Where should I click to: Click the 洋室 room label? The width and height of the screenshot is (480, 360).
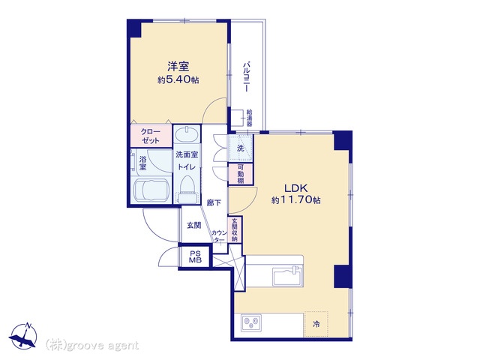click(x=178, y=67)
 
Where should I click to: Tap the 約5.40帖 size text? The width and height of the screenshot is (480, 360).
click(x=178, y=80)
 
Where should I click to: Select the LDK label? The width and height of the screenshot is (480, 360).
click(x=295, y=188)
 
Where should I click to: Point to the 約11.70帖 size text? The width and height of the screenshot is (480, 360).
click(x=295, y=200)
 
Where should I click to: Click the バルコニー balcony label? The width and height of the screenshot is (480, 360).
click(x=246, y=76)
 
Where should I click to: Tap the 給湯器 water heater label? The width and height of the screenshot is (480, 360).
click(x=250, y=118)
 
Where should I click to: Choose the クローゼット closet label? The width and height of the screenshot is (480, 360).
click(x=150, y=136)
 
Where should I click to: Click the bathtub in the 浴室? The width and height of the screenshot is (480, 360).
click(x=151, y=190)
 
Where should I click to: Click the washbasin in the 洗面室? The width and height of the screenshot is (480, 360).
click(x=187, y=134)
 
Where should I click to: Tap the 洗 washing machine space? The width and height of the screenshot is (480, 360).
click(x=240, y=148)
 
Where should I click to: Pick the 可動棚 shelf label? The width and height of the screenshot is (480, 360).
click(x=241, y=173)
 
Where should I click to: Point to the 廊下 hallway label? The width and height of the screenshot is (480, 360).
click(x=214, y=202)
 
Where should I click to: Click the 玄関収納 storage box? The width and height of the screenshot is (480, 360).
click(x=235, y=229)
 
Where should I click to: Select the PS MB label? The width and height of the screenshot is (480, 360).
click(x=195, y=257)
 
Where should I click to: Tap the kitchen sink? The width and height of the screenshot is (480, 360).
click(x=287, y=276)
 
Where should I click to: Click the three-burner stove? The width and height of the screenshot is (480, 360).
click(x=251, y=322)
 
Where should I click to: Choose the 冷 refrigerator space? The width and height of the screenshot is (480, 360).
click(x=316, y=324)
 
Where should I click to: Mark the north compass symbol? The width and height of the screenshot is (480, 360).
click(x=23, y=335)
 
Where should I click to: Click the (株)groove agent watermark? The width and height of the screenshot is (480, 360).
click(x=91, y=346)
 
